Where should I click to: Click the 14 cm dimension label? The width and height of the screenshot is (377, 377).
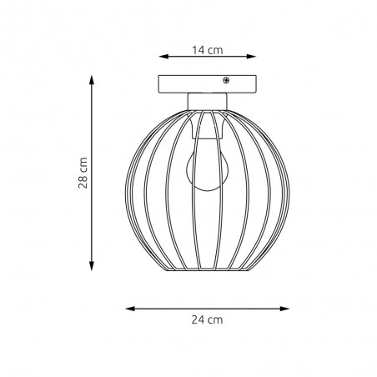(208, 50)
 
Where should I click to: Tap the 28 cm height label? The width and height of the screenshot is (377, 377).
(83, 173)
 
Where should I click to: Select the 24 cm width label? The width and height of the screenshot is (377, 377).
(207, 319)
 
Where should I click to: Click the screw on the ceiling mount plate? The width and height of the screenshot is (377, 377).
(226, 81)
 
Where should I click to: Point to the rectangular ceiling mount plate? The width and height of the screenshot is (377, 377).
(207, 84)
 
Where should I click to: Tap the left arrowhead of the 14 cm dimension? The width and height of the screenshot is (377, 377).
(164, 57)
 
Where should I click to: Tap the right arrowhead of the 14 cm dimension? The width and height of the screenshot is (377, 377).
(251, 57)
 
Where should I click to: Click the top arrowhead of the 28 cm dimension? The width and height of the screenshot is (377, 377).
(92, 80)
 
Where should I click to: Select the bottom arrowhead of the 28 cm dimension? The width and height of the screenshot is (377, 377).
(92, 266)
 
